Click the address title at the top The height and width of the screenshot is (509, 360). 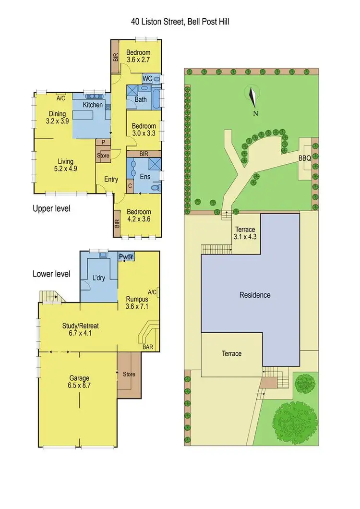pyautogui.click(x=180, y=22)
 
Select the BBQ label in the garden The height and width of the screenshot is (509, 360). pyautogui.click(x=305, y=158)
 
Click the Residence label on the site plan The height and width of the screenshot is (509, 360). pyautogui.click(x=255, y=295)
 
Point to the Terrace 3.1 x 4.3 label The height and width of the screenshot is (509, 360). pyautogui.click(x=245, y=233)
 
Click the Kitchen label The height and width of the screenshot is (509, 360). pyautogui.click(x=93, y=105)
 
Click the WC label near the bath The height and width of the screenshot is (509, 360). pyautogui.click(x=148, y=78)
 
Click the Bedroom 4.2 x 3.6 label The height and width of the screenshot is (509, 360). pyautogui.click(x=139, y=216)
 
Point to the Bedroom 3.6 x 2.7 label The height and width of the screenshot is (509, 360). pyautogui.click(x=138, y=56)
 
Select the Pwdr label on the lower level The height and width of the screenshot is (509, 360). pyautogui.click(x=127, y=257)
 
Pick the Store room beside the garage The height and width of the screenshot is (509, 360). pyautogui.click(x=129, y=375)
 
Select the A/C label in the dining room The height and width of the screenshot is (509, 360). pyautogui.click(x=61, y=98)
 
